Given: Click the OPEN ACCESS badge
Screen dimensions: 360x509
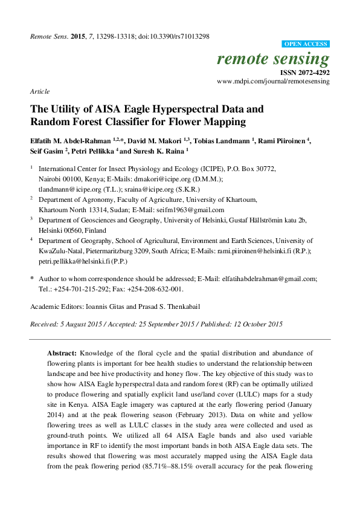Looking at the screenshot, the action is (x=306, y=44).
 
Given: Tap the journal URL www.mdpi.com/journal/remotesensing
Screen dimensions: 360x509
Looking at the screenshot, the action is (x=273, y=81).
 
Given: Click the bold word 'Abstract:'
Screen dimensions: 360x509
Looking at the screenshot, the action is (x=63, y=352).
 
